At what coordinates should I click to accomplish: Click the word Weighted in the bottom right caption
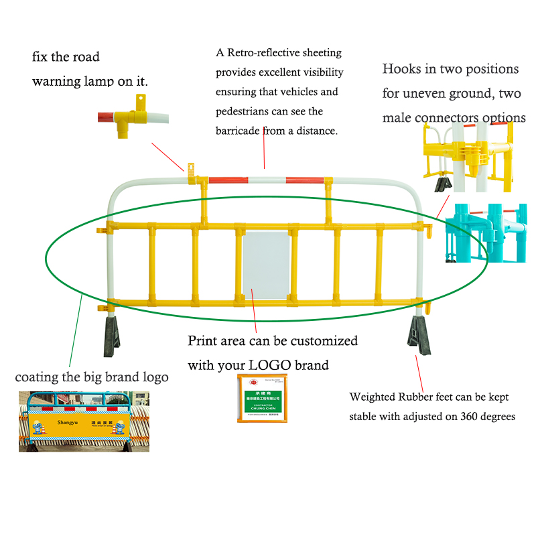coord(371,397)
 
